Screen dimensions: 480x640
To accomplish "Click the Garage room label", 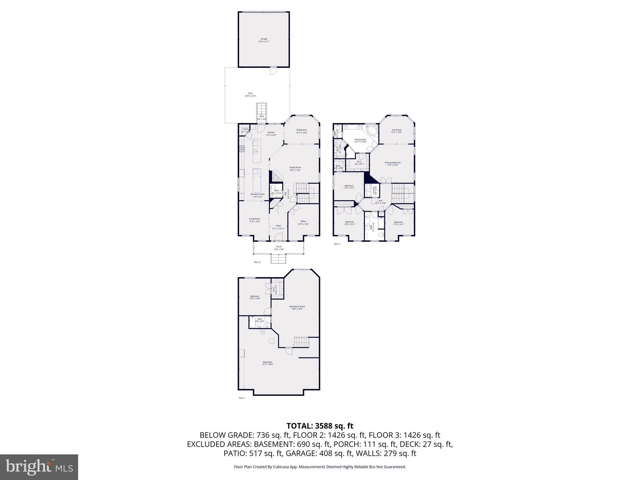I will coord(264,40).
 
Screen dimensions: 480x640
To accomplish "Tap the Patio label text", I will coord(250,94).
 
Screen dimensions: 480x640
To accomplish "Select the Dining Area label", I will coord(302,131).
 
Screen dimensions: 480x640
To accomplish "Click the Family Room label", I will coord(295,169).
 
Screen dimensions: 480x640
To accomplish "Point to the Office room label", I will coord(303,222).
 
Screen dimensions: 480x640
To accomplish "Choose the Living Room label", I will coord(254,220).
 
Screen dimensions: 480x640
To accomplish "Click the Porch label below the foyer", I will coord(279,248).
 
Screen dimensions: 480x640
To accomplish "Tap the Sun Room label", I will coord(397,131).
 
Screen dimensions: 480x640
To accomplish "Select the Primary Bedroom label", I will coord(392,164).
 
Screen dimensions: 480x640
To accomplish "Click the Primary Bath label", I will coord(360,141).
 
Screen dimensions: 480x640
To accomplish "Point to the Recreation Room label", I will coord(297,307).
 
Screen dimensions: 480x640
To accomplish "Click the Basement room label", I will coord(268,363).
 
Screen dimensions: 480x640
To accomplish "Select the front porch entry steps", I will coord(278,259).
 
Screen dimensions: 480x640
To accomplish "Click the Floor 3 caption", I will coord(337,244).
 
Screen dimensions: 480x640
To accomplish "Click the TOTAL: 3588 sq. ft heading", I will coord(320,426).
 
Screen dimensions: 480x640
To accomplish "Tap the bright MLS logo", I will coord(39,467).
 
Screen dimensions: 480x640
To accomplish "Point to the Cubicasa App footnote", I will coord(320,467).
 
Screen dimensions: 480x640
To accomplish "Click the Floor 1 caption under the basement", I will coord(242,398).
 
